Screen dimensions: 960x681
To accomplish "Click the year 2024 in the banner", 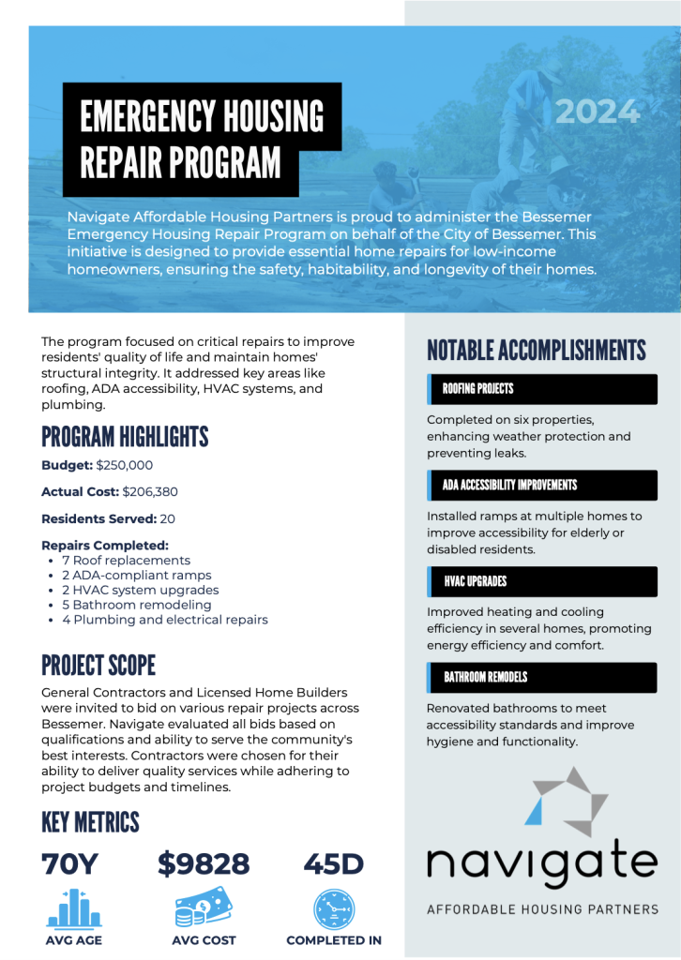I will [598, 112].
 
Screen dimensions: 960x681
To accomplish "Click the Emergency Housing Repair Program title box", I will [202, 139].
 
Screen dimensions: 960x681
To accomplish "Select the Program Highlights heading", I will [125, 437].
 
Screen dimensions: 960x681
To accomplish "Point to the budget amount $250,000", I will [125, 465].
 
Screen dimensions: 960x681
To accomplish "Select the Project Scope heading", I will [98, 666].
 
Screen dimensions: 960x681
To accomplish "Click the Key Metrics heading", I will [90, 822].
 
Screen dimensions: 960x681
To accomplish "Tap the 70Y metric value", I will [69, 863].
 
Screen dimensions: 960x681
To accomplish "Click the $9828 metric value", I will [204, 863].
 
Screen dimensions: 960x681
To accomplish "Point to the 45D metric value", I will [333, 863].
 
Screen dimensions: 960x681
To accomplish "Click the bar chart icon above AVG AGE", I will [73, 908].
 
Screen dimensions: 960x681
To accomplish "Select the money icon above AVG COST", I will [204, 907].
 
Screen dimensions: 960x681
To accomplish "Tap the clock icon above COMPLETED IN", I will [334, 908].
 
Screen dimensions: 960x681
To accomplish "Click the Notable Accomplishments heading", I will [537, 351].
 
